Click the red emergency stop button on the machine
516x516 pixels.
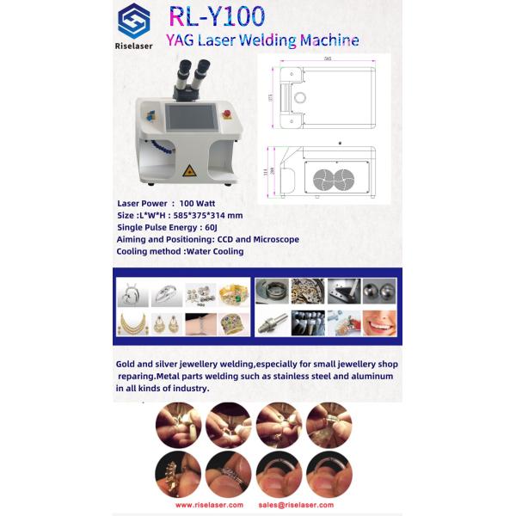[x=228, y=113]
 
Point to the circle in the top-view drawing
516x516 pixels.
[x=299, y=98]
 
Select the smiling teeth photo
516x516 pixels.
[x=378, y=322]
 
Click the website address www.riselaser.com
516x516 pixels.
[x=209, y=505]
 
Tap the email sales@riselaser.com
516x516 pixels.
[x=296, y=505]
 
